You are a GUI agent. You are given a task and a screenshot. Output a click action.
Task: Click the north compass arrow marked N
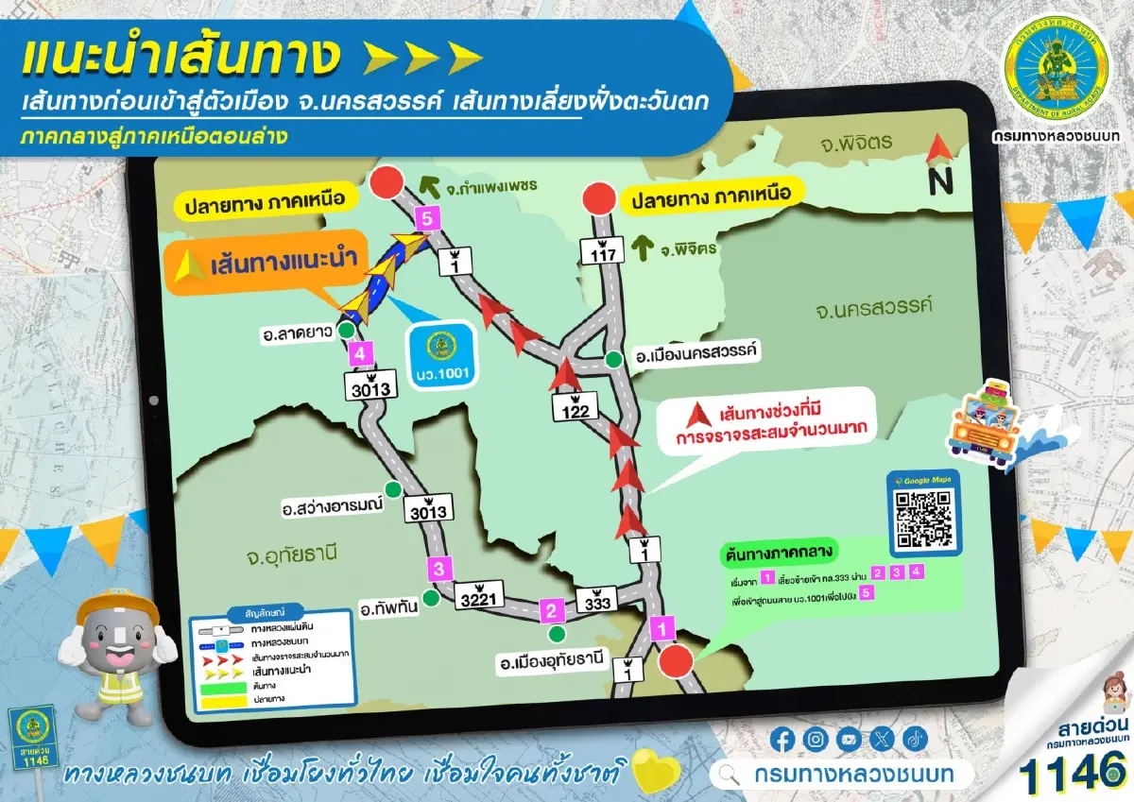tap(938, 166)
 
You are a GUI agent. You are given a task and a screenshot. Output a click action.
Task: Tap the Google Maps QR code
tap(923, 518)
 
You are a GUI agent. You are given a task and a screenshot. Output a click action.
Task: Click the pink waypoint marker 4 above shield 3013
tap(358, 354)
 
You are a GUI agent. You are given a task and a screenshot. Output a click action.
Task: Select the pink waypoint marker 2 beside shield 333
tap(551, 610)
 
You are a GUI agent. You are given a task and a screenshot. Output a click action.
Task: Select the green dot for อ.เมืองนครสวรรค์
tap(614, 358)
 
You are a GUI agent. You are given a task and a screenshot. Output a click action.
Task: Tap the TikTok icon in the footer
tap(914, 739)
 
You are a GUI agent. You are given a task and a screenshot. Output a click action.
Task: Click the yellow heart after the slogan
tap(651, 772)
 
